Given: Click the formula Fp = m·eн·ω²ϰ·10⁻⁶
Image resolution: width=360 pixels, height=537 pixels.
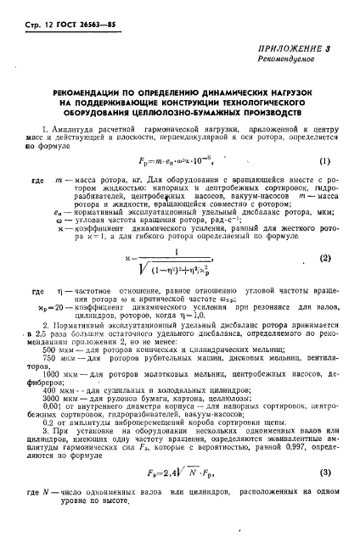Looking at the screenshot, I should pyautogui.click(x=178, y=161).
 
